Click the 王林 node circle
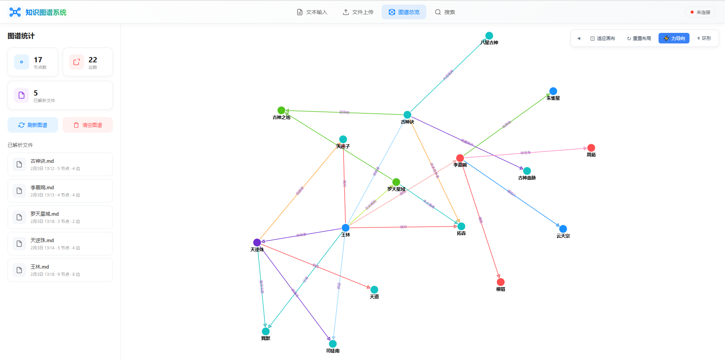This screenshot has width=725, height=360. tap(346, 227)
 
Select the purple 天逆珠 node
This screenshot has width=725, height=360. tap(257, 242)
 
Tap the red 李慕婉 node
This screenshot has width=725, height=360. tap(460, 158)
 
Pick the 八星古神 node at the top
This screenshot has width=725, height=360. tap(489, 36)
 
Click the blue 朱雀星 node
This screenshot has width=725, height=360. tap(553, 91)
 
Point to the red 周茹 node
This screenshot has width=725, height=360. tap(591, 148)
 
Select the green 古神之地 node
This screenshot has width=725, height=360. tap(281, 110)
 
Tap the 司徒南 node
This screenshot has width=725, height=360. tap(333, 344)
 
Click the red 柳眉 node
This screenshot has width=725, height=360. tap(501, 282)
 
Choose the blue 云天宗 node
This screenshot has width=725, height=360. tap(563, 229)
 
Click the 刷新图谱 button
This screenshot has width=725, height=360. tap(33, 125)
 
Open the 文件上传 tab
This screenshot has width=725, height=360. tap(358, 12)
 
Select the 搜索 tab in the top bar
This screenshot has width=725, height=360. tap(445, 12)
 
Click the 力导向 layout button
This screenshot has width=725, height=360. tap(674, 38)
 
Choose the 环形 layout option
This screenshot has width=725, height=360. tap(704, 38)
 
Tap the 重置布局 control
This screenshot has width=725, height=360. tap(639, 38)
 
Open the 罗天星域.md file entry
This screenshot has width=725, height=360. tap(60, 217)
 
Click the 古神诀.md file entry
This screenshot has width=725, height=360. tap(60, 164)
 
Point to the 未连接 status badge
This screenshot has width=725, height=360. tap(700, 12)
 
